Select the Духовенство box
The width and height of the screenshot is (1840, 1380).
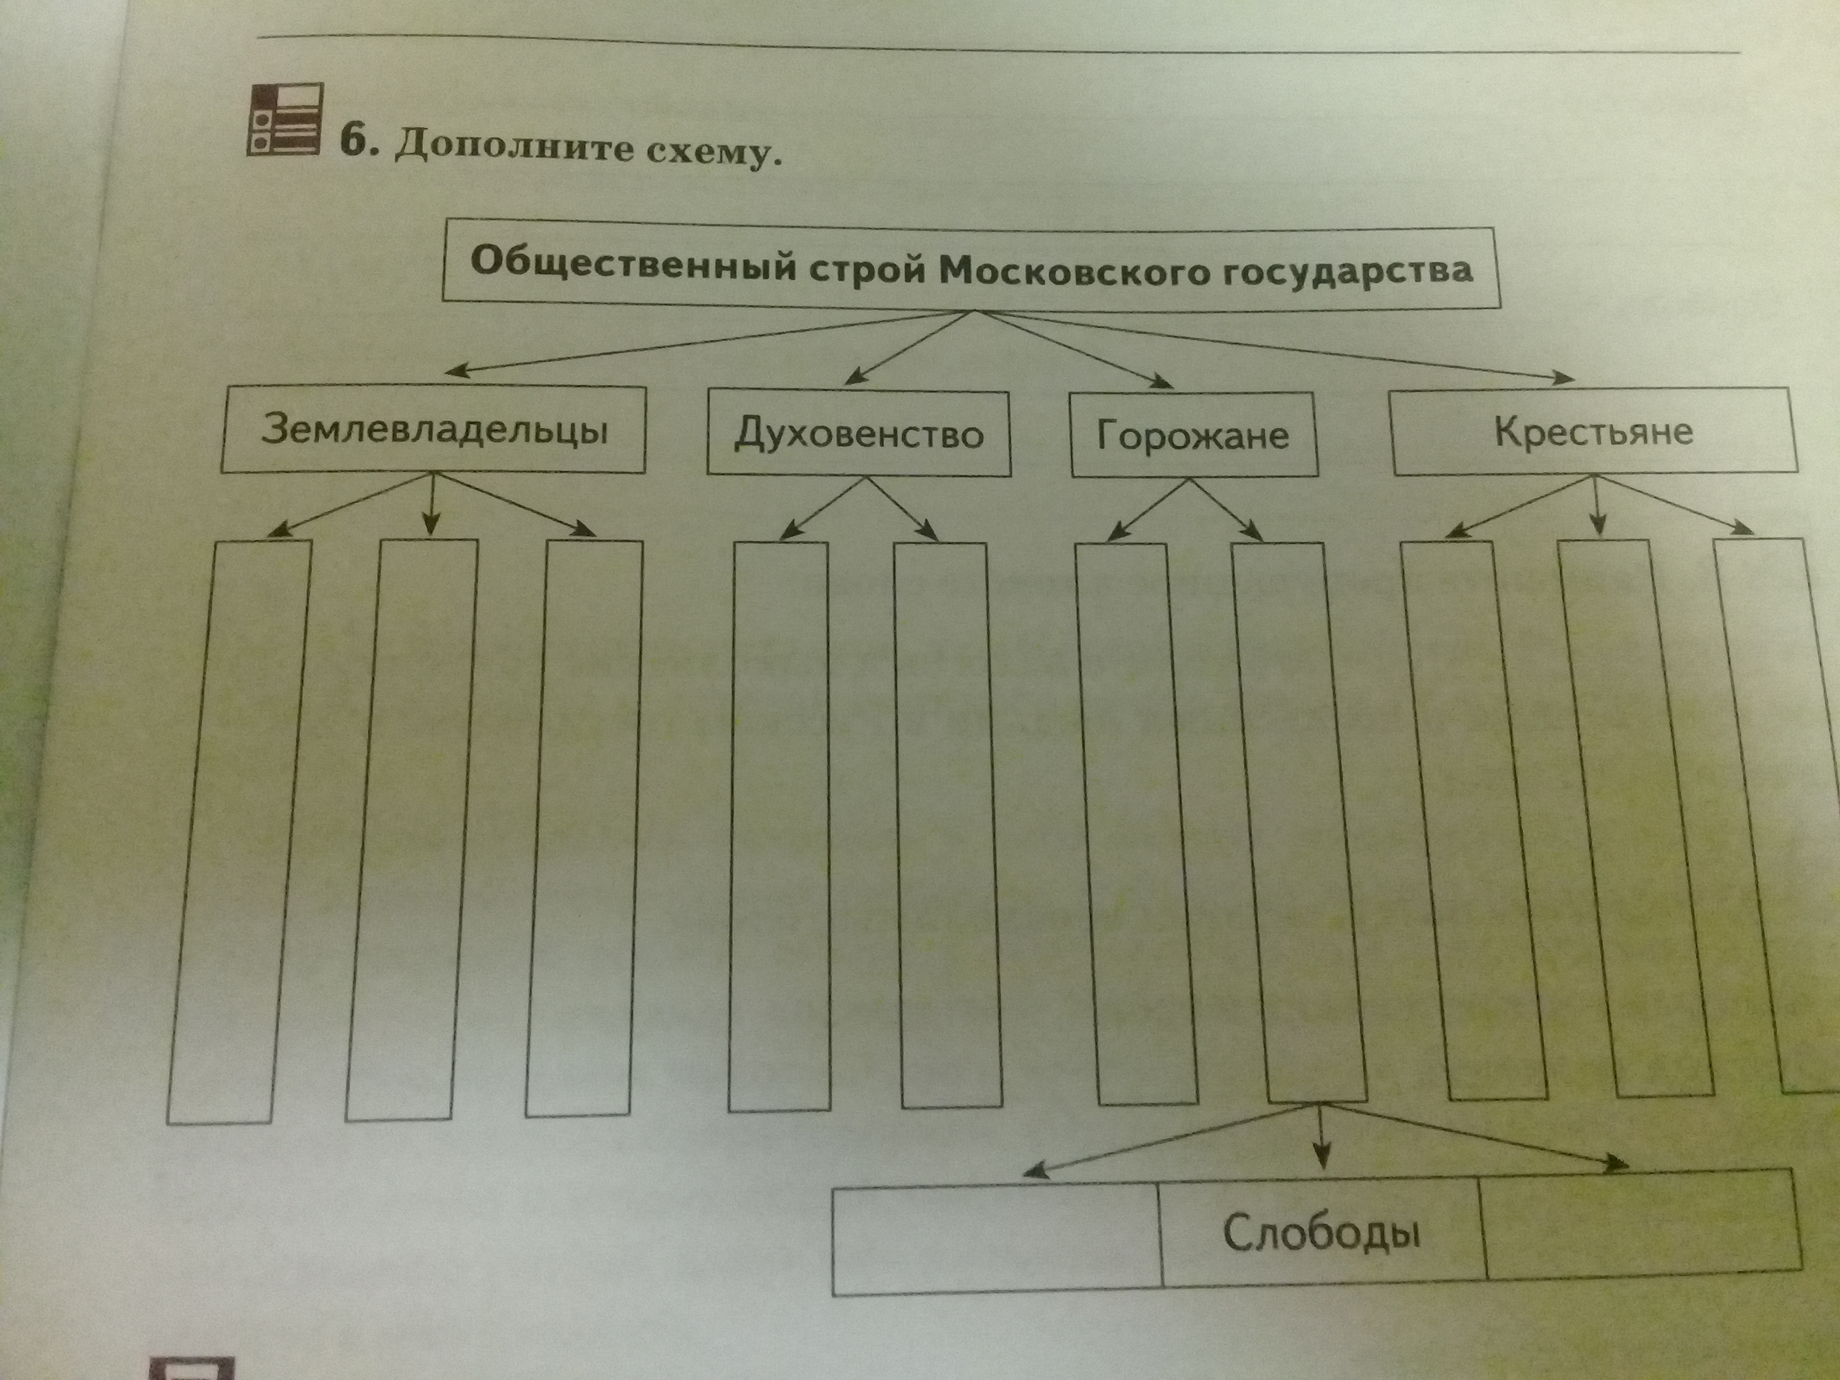coord(859,434)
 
